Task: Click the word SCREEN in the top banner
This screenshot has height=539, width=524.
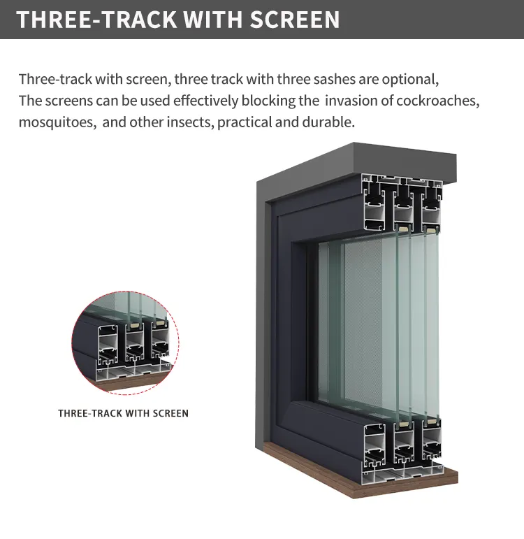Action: [x=294, y=20]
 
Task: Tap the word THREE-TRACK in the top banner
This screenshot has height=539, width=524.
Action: [x=96, y=20]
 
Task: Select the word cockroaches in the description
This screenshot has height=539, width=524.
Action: [x=438, y=101]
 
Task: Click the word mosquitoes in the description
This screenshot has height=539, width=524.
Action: [x=58, y=122]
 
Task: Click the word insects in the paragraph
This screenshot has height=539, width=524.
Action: [x=191, y=122]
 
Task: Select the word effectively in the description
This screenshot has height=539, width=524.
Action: [x=205, y=101]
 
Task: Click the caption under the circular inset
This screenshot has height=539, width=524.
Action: [x=124, y=413]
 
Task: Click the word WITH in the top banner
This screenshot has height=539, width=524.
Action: [x=213, y=20]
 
